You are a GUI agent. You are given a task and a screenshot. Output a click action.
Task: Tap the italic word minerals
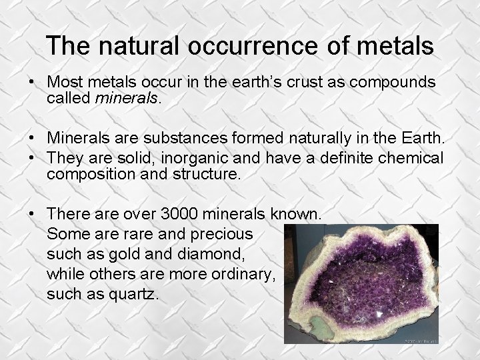[127, 99]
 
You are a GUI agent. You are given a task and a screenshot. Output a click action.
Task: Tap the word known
[297, 215]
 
